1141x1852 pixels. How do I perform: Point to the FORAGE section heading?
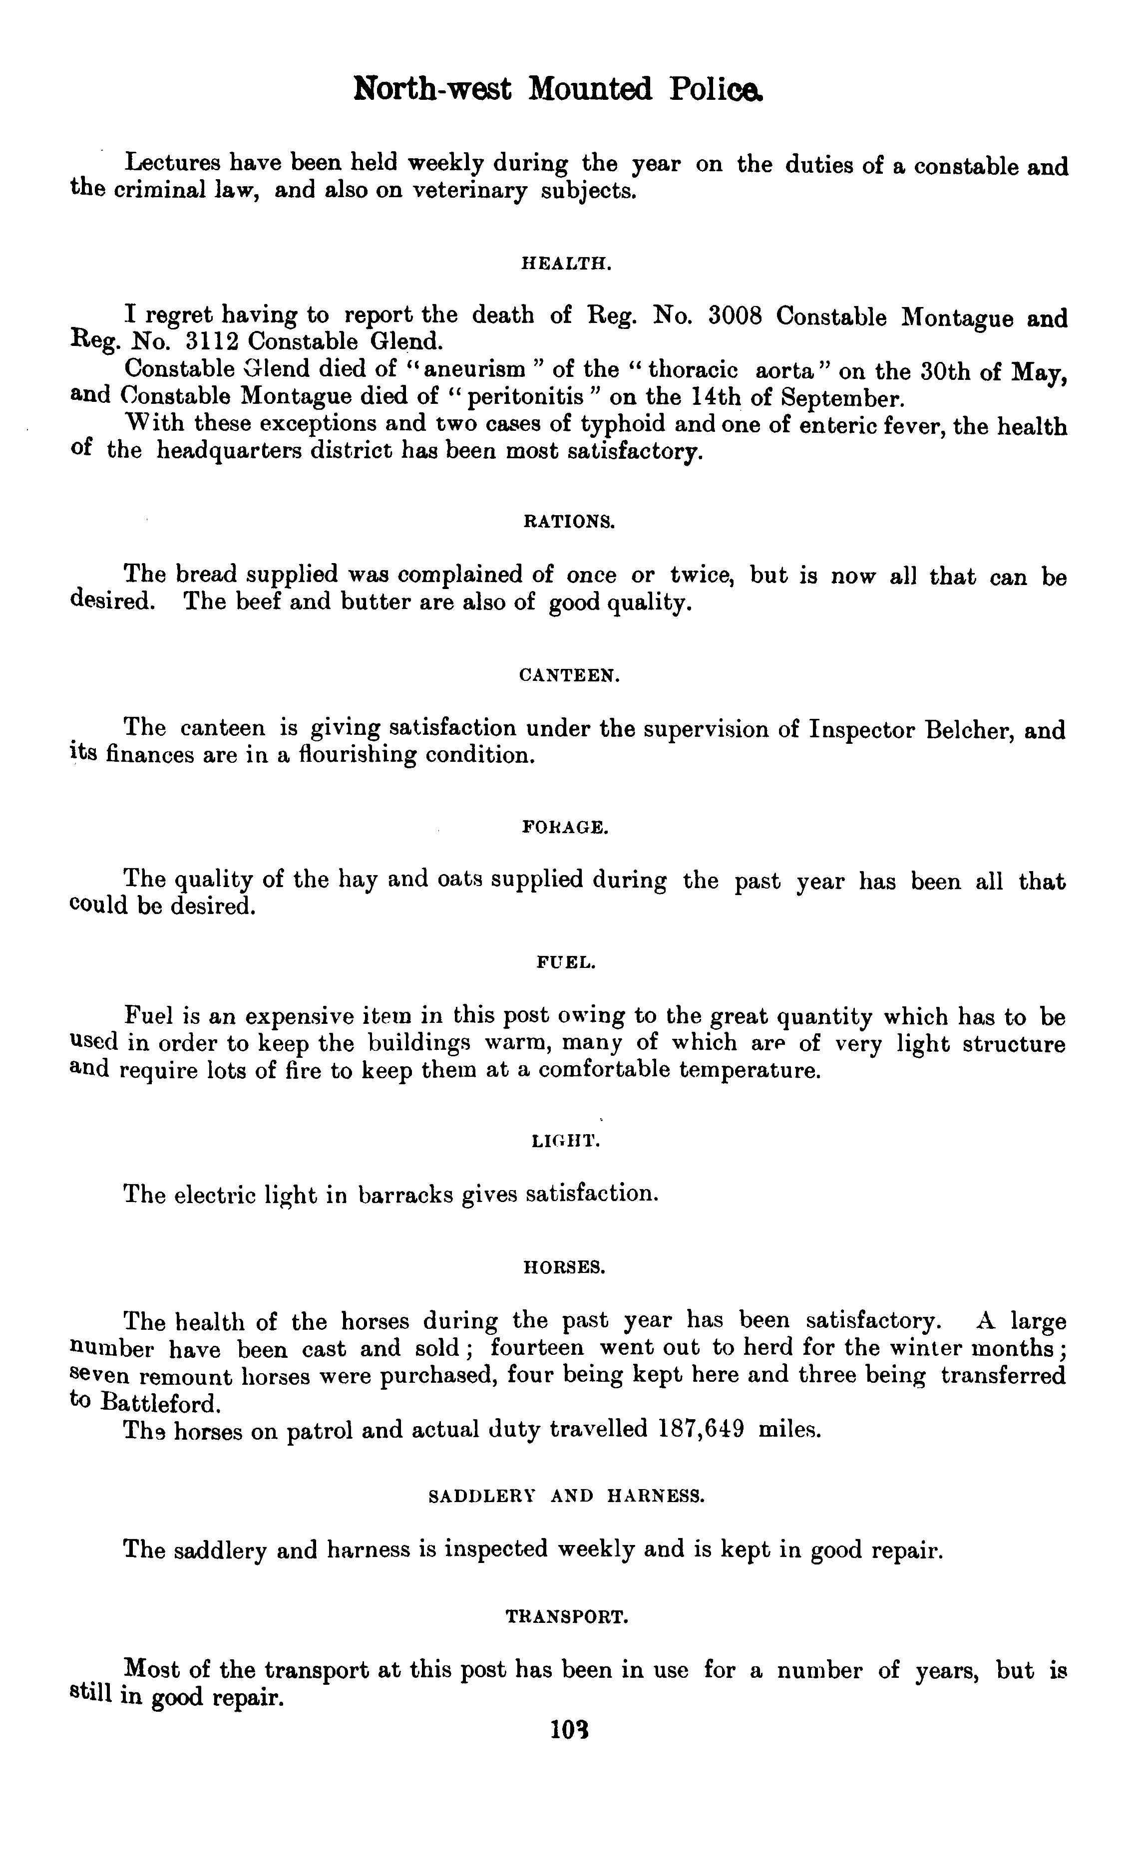click(565, 828)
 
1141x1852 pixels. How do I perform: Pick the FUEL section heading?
click(566, 962)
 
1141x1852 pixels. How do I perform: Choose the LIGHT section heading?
click(566, 1141)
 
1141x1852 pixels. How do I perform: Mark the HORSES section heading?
click(564, 1268)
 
